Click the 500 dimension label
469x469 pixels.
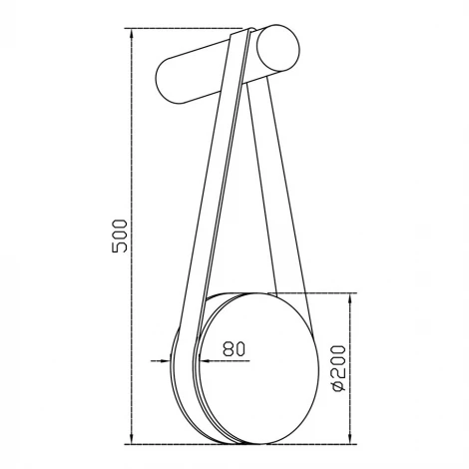(x=120, y=235)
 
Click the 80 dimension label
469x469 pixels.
(x=234, y=348)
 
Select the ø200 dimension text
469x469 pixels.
(x=339, y=368)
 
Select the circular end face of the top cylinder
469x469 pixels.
(x=278, y=49)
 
